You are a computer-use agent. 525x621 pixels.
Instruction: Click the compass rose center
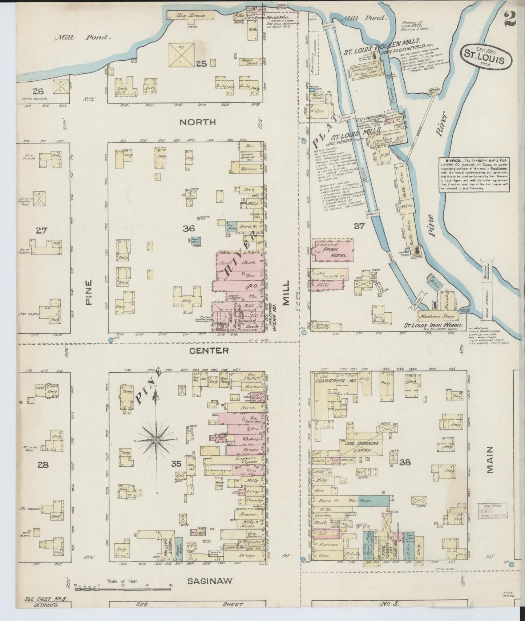[156, 440]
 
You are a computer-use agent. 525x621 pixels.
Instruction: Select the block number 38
[405, 462]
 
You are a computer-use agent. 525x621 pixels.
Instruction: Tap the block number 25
[201, 64]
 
